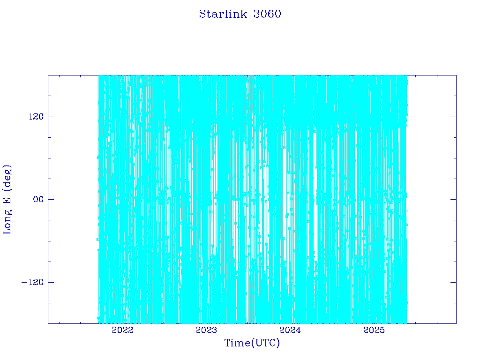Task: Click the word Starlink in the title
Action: click(x=223, y=14)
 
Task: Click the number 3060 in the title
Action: click(x=267, y=14)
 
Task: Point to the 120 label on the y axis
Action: click(x=36, y=117)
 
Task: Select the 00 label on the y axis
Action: click(x=38, y=199)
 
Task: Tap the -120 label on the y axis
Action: click(x=32, y=282)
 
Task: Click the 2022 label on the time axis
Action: click(x=122, y=330)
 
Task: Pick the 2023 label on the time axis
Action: click(x=206, y=330)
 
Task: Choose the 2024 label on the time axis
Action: click(x=290, y=330)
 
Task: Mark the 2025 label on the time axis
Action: click(x=374, y=330)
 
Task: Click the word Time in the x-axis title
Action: click(x=237, y=343)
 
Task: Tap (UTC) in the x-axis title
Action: click(x=265, y=343)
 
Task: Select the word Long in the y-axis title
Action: click(x=7, y=222)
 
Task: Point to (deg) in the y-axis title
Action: click(x=7, y=178)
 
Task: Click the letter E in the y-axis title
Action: click(x=7, y=201)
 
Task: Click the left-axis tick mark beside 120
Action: click(x=51, y=117)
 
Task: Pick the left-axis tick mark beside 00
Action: click(x=51, y=199)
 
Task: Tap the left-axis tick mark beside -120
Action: click(x=51, y=282)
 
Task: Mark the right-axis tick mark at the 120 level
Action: click(x=453, y=117)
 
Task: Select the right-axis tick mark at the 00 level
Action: click(x=453, y=199)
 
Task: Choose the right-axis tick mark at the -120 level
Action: click(x=453, y=282)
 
